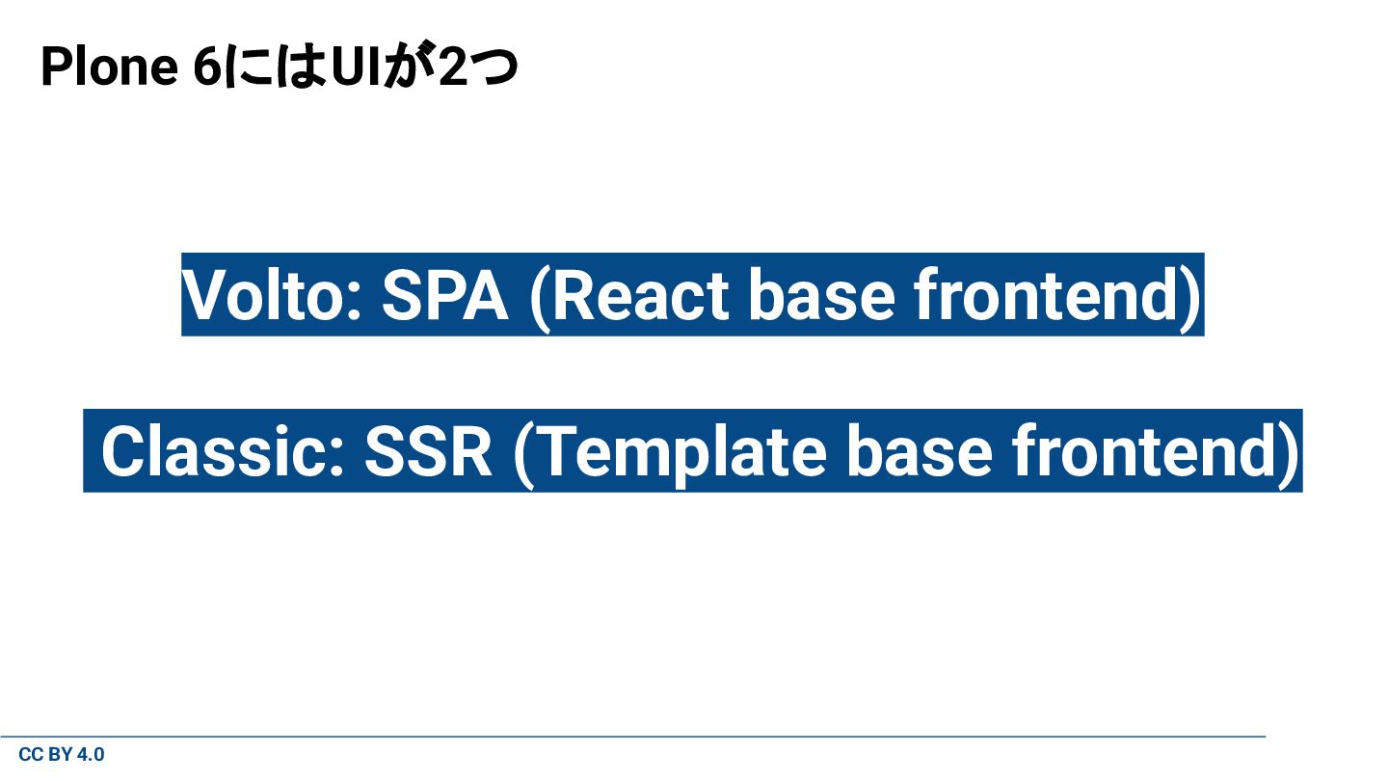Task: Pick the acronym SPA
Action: [444, 295]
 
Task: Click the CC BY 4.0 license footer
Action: [62, 755]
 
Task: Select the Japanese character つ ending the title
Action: [494, 69]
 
